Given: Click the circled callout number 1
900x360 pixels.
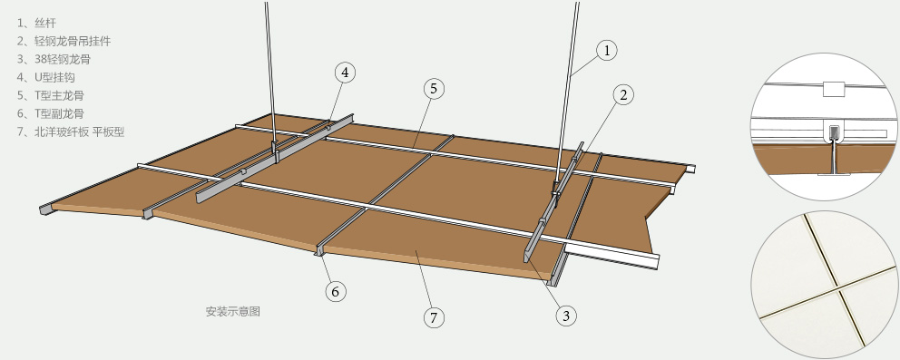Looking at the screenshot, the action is [606, 51].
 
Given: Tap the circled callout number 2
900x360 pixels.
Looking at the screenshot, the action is [623, 94].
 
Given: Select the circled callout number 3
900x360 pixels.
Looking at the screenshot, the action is [566, 316].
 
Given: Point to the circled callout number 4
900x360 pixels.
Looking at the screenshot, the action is [345, 73].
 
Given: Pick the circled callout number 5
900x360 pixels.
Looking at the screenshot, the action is [434, 88].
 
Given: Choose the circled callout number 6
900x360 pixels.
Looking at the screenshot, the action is [336, 292].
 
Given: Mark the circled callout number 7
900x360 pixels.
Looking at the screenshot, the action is [434, 317].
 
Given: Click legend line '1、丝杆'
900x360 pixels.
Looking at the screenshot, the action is [36, 23].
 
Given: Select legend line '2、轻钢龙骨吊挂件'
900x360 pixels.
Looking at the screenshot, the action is [64, 42].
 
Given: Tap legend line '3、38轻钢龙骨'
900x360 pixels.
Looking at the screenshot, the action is [54, 59].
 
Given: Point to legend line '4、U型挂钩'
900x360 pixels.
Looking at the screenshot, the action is [46, 77].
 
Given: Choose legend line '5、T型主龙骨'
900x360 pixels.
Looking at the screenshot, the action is [51, 95].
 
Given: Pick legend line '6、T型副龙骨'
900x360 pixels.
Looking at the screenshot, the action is [51, 113].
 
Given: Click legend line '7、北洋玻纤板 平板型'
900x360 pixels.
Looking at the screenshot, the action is [71, 131].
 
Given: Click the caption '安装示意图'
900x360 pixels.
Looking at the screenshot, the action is [233, 311].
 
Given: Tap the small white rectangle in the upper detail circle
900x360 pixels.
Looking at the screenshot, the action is [834, 88].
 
